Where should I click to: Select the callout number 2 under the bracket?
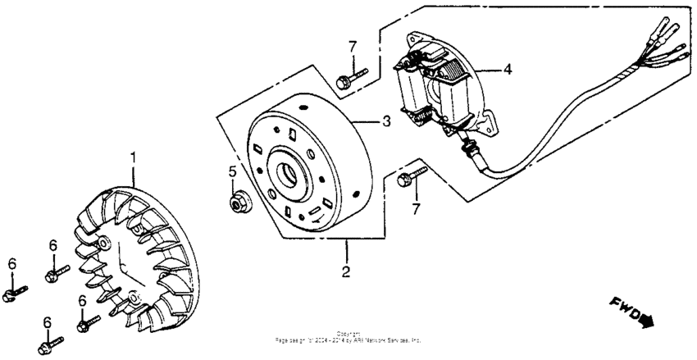pyautogui.click(x=347, y=271)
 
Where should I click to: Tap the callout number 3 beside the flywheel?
pyautogui.click(x=386, y=121)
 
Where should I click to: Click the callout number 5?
pyautogui.click(x=232, y=171)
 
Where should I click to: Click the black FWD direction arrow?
pyautogui.click(x=648, y=321)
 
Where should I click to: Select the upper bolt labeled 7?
pyautogui.click(x=348, y=79)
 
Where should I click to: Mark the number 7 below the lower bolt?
pyautogui.click(x=416, y=209)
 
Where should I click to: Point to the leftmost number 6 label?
pyautogui.click(x=12, y=262)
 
